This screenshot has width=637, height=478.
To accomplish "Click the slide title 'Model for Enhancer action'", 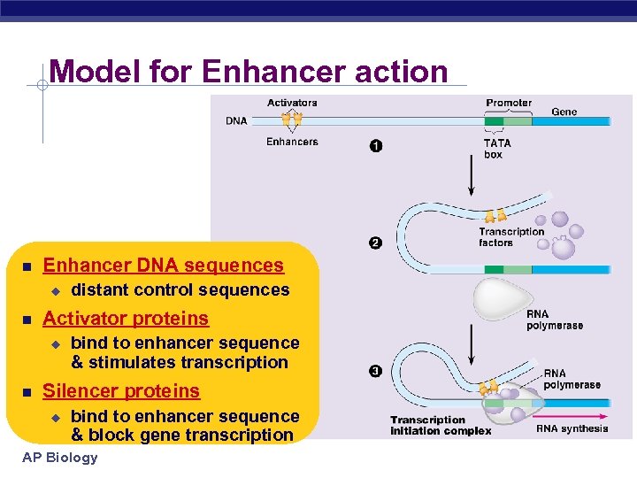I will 249,71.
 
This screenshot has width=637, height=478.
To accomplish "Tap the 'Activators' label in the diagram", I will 292,103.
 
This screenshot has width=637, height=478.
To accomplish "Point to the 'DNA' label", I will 236,120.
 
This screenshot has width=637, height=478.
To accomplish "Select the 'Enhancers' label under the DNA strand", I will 292,142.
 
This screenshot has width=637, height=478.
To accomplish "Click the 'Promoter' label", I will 509,103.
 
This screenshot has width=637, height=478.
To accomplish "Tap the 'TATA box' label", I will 496,149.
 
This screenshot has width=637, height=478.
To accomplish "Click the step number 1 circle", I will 376,146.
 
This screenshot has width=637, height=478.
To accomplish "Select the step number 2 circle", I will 375,243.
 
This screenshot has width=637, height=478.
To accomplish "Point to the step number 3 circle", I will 375,371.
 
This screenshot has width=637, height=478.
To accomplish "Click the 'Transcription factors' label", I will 511,237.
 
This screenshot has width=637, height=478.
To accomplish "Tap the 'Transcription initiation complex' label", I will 441,426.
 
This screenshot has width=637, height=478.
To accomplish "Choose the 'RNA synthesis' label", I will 572,428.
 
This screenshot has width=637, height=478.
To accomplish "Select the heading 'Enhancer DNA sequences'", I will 164,266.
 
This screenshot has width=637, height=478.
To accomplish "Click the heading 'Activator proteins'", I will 126,319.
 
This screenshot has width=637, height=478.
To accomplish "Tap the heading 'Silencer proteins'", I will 121,391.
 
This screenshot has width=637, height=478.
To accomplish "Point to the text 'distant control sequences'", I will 180,290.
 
